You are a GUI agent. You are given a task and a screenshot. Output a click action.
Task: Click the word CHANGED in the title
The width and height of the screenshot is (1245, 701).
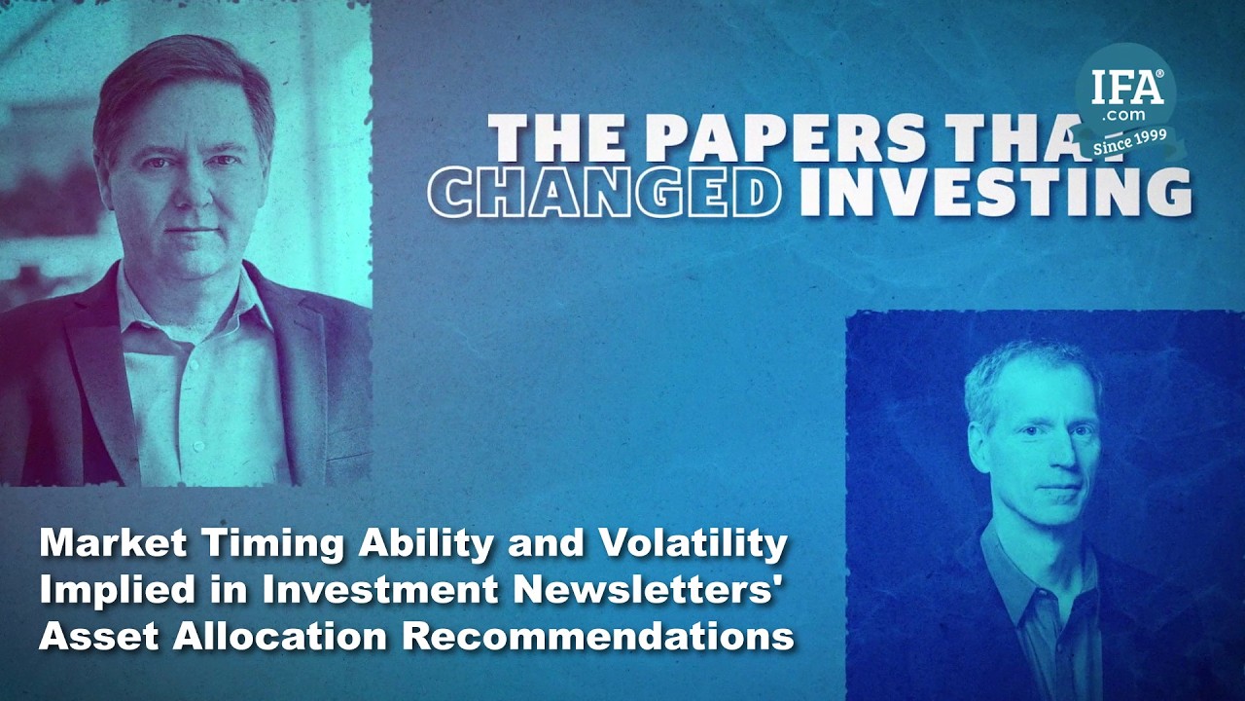point(605,191)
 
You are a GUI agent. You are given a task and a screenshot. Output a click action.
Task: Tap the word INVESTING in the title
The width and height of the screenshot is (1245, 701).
point(995,191)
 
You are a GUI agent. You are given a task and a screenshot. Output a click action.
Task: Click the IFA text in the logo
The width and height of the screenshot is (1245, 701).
point(1126,88)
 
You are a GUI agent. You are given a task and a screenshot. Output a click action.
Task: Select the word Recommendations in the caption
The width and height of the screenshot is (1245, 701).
point(600,637)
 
